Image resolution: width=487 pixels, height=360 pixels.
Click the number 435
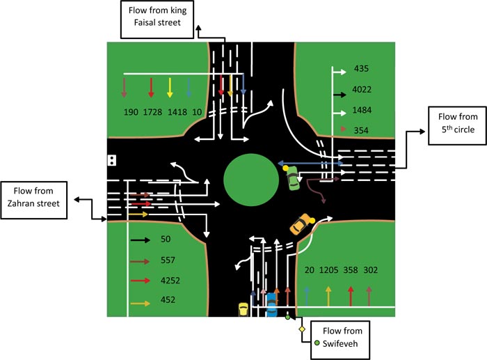tap(361, 70)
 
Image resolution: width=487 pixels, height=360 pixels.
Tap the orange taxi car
tap(300, 224)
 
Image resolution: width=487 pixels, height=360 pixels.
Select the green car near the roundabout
tap(294, 178)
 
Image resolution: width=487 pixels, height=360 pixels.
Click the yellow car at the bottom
tap(243, 308)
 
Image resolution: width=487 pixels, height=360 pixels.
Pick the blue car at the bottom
tap(271, 306)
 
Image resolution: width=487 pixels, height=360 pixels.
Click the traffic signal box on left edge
tap(111, 161)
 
